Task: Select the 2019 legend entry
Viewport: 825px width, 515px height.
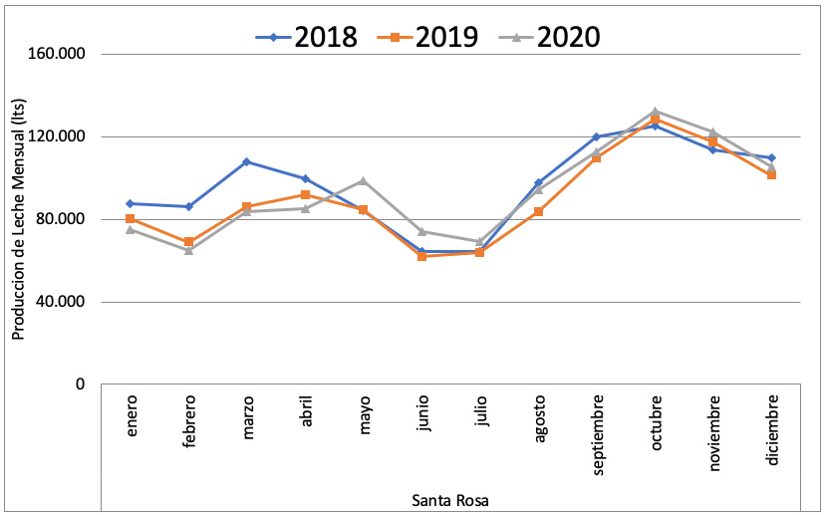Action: point(428,37)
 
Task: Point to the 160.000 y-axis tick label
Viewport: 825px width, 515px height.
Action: point(62,54)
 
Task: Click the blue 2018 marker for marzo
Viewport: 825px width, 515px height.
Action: point(246,161)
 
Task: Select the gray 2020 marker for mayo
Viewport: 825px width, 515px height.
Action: point(363,181)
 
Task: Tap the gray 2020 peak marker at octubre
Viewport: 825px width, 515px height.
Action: point(655,112)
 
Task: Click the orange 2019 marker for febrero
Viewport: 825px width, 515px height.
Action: point(188,242)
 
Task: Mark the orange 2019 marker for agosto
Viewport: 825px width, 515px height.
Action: point(538,211)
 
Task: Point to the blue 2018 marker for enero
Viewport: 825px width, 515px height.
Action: point(131,203)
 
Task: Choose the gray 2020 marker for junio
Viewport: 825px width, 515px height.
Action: point(421,231)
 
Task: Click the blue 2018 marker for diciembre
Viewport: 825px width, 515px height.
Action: point(771,157)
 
